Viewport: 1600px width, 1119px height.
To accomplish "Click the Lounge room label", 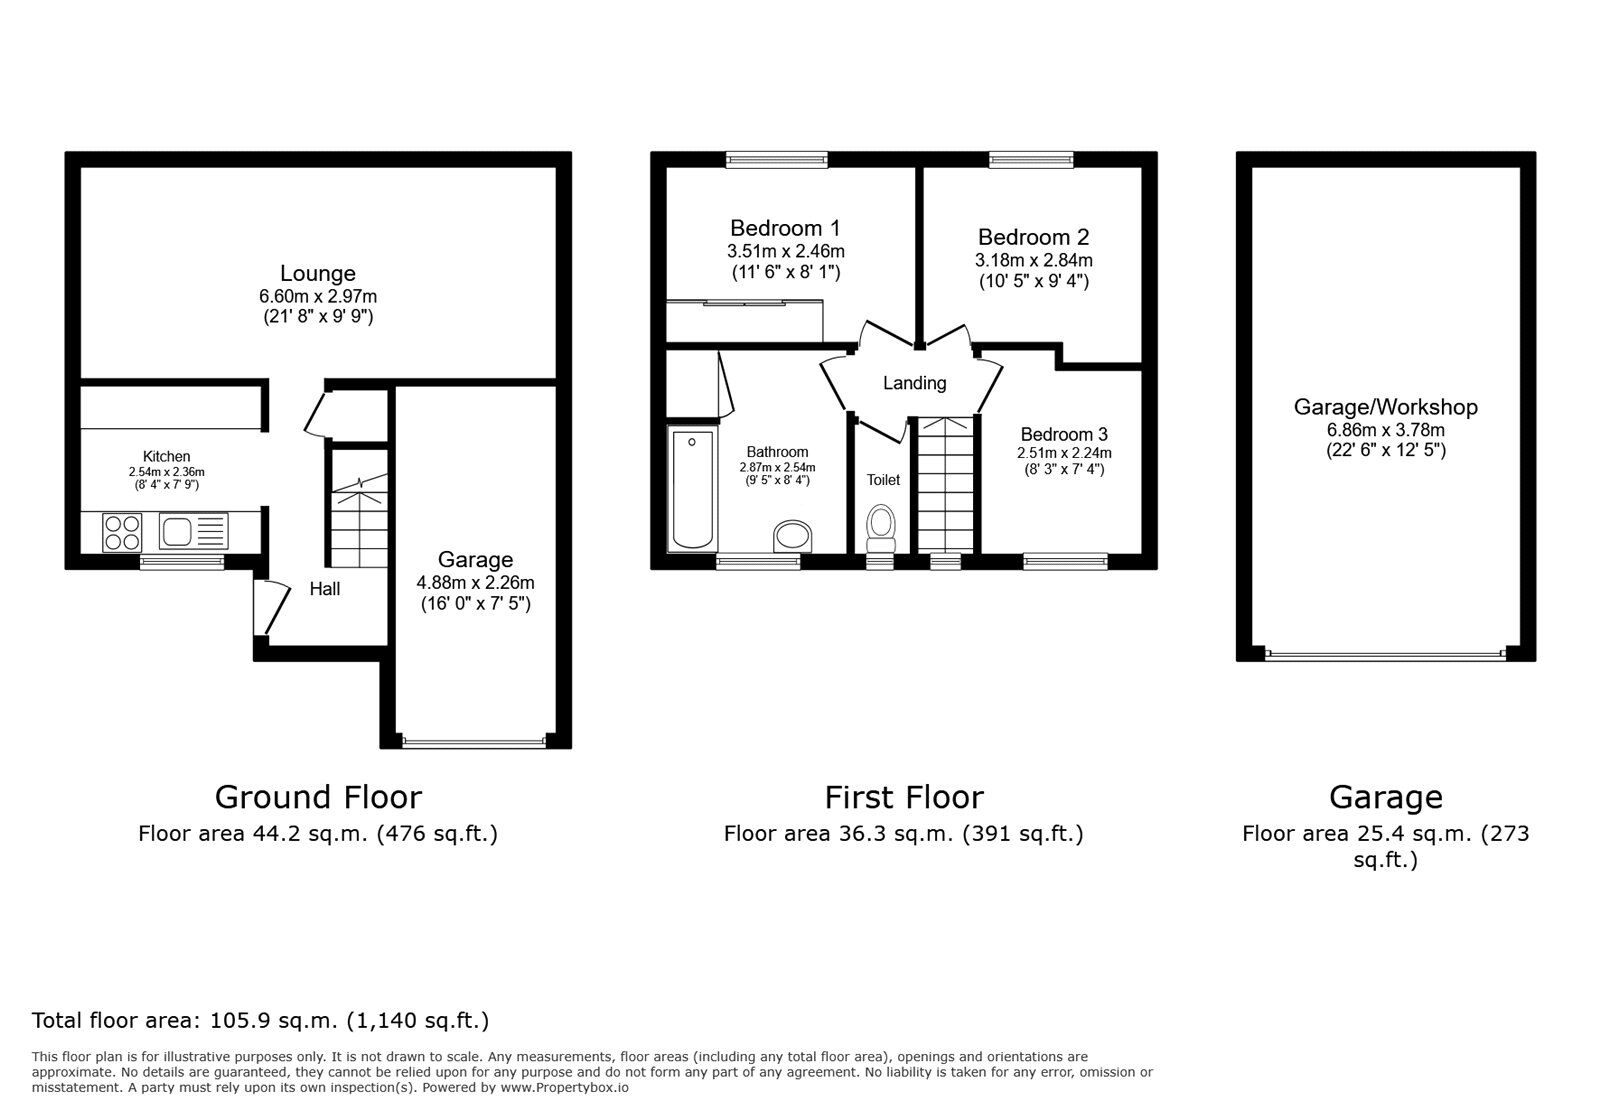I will point(318,273).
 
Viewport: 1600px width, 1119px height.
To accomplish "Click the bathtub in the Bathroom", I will point(692,489).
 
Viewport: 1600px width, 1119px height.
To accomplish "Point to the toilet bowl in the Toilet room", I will point(881,526).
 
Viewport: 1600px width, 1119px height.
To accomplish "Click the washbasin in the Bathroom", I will point(795,536).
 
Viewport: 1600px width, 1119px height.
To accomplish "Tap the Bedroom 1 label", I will point(785,227).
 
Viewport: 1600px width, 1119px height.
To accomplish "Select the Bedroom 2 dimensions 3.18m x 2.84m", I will point(1033,260).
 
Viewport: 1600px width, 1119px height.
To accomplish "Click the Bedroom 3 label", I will point(1064,434).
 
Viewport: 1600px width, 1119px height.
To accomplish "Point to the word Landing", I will point(914,383).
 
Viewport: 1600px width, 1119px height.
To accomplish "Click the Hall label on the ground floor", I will point(324,589).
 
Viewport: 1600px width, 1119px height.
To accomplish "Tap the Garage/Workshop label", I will point(1385,407).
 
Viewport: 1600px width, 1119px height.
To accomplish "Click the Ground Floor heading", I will point(318,797).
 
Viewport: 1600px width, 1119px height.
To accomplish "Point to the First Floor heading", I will point(903,797).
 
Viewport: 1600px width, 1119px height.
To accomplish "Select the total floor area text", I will point(260,1021).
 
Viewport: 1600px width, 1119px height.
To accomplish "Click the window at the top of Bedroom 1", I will point(777,158).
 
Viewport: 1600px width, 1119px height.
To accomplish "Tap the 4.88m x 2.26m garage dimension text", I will point(475,582).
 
